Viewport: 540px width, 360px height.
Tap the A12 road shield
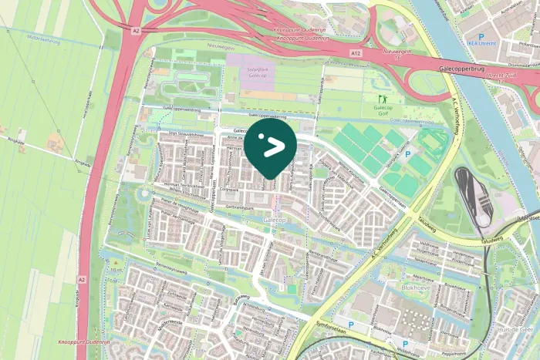pyautogui.click(x=354, y=52)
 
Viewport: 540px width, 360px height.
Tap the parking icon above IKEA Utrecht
pyautogui.click(x=481, y=36)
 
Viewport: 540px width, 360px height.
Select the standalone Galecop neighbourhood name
pyautogui.click(x=275, y=220)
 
